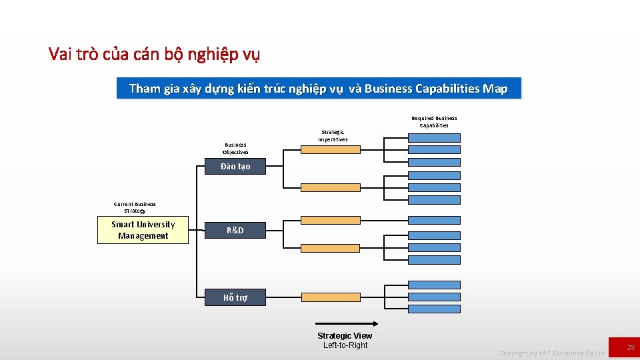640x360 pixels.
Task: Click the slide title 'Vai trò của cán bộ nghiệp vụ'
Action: [154, 54]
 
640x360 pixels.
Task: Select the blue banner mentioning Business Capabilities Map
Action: [319, 89]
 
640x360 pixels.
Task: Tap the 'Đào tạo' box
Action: [235, 166]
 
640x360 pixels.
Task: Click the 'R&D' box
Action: [235, 230]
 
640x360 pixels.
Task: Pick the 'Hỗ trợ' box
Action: [235, 297]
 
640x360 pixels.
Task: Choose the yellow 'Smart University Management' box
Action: [143, 230]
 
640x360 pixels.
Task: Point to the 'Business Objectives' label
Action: [235, 148]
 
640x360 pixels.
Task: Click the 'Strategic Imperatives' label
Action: [333, 136]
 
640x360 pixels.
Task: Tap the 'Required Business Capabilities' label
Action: [434, 121]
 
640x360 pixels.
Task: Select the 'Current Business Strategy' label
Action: [135, 207]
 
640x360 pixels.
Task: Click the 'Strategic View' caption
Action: [345, 335]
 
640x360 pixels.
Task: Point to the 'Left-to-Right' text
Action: [345, 345]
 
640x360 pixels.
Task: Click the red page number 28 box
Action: [625, 347]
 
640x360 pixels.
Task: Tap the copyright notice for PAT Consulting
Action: [553, 353]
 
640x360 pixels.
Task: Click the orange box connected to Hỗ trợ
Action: [330, 297]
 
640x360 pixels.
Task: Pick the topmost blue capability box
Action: [434, 138]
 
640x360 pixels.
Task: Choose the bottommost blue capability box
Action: [434, 308]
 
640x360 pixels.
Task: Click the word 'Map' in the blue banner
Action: [495, 89]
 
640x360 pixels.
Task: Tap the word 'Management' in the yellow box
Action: [143, 236]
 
